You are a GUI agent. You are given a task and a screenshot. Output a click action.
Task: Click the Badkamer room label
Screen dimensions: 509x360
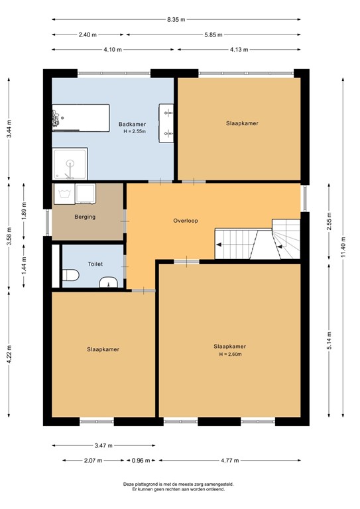coord(132,124)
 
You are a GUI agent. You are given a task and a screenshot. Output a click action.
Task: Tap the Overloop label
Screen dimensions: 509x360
coord(186,220)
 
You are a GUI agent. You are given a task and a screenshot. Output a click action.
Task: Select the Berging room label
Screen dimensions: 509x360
coord(85,217)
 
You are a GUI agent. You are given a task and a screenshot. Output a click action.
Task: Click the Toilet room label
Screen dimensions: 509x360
coord(95,264)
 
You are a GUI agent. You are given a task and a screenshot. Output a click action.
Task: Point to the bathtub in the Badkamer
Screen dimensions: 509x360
coord(81,117)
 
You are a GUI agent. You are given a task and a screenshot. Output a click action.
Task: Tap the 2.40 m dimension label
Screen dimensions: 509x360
coord(87,34)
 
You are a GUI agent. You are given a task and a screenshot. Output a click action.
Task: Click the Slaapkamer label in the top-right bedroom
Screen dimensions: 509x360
coord(241,123)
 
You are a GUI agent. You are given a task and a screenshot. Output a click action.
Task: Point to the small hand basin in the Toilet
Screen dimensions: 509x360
coord(109,284)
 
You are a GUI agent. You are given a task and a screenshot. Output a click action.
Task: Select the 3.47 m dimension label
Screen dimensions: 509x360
coord(104,445)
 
